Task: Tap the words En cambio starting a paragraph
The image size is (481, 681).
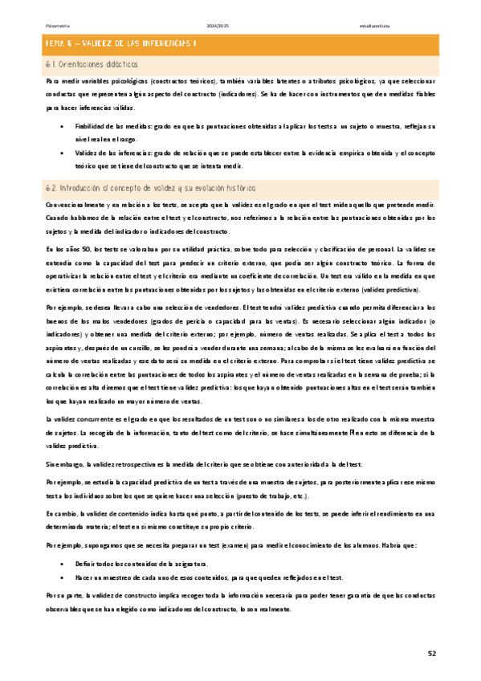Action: [x=60, y=512]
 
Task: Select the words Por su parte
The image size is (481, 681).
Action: [x=62, y=596]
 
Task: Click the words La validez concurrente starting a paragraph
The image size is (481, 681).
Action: [x=78, y=419]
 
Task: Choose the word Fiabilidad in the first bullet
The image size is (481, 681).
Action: [x=89, y=127]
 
